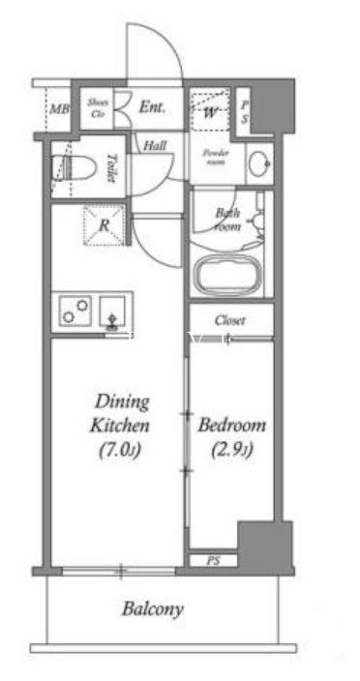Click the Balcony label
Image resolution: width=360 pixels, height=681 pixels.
pyautogui.click(x=153, y=609)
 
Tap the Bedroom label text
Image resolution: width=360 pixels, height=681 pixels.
pyautogui.click(x=231, y=426)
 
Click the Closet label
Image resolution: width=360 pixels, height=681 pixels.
pyautogui.click(x=230, y=320)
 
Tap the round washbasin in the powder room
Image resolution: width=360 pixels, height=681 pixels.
pyautogui.click(x=259, y=163)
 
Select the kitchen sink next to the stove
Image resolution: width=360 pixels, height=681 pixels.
pyautogui.click(x=112, y=312)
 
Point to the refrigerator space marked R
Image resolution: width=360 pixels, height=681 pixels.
pyautogui.click(x=103, y=224)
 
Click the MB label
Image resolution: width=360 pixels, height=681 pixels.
pyautogui.click(x=58, y=109)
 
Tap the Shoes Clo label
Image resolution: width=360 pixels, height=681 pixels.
pyautogui.click(x=97, y=106)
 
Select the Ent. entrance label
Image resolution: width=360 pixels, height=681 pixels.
pyautogui.click(x=152, y=107)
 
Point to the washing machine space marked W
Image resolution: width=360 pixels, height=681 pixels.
pyautogui.click(x=210, y=110)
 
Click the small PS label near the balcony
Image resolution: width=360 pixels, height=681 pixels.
pyautogui.click(x=212, y=561)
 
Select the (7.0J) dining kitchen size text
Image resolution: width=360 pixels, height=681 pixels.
pyautogui.click(x=121, y=450)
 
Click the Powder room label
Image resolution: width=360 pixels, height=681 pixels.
pyautogui.click(x=214, y=158)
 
